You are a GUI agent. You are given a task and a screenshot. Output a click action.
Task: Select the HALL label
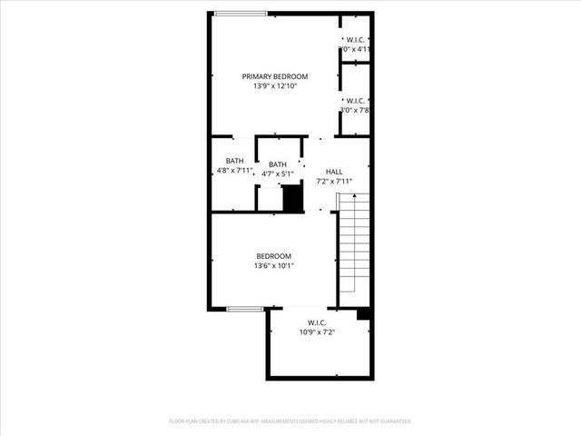pos(334,172)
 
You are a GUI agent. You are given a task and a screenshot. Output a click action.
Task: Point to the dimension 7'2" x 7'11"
pos(334,182)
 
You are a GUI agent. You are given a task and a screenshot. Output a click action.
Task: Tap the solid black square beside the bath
pos(292,199)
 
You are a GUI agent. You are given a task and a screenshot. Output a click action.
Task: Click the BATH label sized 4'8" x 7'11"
pos(234,160)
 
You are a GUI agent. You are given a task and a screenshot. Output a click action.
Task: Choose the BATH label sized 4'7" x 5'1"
pos(278,164)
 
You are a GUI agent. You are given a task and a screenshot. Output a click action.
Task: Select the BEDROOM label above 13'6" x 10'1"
pos(273,256)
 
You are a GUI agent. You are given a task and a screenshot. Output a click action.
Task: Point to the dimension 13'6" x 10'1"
pos(273,266)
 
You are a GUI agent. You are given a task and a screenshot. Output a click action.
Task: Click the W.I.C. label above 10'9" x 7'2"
pos(317,322)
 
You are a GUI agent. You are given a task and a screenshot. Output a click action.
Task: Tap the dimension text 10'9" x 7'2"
pos(317,332)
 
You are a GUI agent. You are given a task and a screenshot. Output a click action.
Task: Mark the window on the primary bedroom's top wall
pos(242,13)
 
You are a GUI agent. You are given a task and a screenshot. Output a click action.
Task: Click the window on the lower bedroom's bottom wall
pos(245,310)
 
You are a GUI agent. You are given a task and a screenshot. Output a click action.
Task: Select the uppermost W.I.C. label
pos(355,39)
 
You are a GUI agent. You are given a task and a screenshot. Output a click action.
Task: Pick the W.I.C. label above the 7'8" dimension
pos(355,100)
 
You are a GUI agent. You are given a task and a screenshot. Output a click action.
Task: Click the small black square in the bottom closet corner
pos(364,314)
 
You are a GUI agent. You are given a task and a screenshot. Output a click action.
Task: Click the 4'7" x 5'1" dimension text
pos(278,174)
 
